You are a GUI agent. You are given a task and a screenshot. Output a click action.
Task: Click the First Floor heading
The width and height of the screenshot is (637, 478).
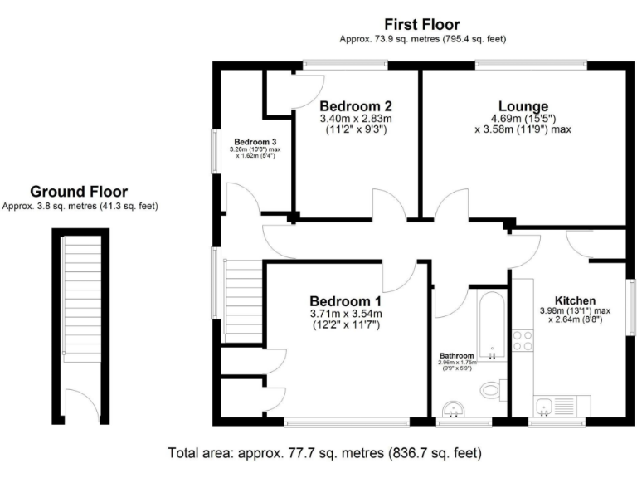(x=422, y=24)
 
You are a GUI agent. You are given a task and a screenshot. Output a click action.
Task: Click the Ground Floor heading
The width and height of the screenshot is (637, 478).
(x=80, y=192)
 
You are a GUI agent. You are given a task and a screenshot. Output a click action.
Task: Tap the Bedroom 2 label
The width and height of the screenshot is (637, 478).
(x=355, y=106)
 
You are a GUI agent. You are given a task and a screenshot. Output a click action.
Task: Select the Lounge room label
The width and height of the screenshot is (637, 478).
(x=523, y=106)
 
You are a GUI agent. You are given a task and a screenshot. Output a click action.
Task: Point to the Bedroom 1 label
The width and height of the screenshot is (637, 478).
(x=345, y=300)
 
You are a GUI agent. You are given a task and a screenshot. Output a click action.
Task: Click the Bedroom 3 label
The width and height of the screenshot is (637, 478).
(x=255, y=141)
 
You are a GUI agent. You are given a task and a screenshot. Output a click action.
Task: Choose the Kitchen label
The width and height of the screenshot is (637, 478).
(x=575, y=300)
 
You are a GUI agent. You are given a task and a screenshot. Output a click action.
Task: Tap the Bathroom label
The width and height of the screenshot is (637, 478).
(x=456, y=355)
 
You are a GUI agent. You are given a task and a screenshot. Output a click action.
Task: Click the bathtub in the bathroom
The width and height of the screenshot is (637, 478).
(x=492, y=324)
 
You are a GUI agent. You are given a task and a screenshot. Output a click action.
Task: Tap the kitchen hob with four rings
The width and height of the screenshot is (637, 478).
(x=523, y=341)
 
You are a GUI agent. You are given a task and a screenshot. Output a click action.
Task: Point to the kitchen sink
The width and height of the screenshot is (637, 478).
(x=545, y=406)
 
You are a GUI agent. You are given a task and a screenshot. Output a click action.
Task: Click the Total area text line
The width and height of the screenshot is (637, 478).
(x=323, y=453)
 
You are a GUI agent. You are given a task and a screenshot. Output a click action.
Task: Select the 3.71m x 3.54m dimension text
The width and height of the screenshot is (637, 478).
(x=345, y=314)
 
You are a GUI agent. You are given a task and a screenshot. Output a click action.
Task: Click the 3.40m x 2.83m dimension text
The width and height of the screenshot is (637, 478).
(x=355, y=119)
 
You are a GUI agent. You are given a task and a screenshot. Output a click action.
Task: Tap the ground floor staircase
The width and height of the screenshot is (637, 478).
(x=80, y=307)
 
